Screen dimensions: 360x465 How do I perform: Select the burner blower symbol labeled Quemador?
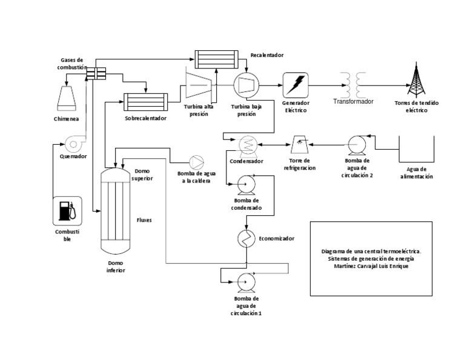pyautogui.click(x=74, y=142)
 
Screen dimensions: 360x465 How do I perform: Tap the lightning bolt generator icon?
pyautogui.click(x=295, y=84)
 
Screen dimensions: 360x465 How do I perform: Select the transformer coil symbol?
pyautogui.click(x=354, y=82)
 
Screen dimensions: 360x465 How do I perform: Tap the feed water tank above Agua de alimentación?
pyautogui.click(x=417, y=150)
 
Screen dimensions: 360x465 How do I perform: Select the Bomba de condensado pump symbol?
pyautogui.click(x=246, y=182)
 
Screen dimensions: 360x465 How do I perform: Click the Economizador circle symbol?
pyautogui.click(x=246, y=238)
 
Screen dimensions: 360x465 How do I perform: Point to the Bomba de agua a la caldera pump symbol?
pyautogui.click(x=197, y=162)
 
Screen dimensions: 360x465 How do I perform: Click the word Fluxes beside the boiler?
pyautogui.click(x=144, y=220)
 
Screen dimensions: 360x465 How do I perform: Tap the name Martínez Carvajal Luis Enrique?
pyautogui.click(x=371, y=266)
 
